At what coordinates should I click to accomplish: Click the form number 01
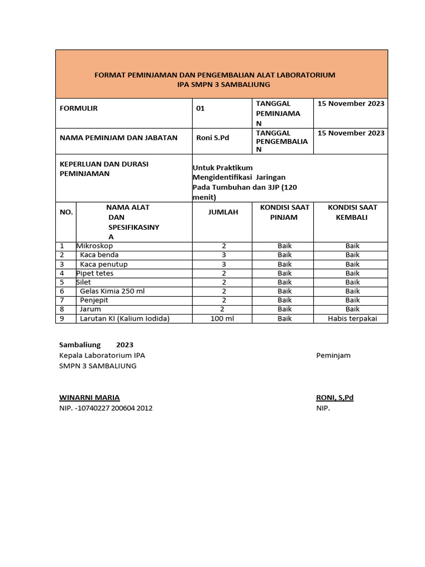click(x=200, y=109)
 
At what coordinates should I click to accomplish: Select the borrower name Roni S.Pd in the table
click(x=212, y=137)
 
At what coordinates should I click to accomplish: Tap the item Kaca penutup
click(x=103, y=264)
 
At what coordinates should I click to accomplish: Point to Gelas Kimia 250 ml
click(x=112, y=291)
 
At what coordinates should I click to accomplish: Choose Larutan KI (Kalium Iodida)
click(x=125, y=318)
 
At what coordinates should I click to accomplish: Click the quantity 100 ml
click(x=224, y=318)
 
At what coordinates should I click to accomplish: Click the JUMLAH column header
click(x=224, y=212)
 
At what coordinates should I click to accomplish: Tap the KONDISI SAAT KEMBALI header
click(x=353, y=212)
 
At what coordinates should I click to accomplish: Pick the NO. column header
click(x=66, y=212)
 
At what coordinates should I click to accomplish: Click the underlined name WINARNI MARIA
click(x=89, y=398)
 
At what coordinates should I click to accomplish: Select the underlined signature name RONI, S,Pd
click(x=334, y=398)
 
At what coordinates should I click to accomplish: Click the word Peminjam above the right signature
click(x=333, y=355)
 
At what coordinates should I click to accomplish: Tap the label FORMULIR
click(x=79, y=109)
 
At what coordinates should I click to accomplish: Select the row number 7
click(x=63, y=300)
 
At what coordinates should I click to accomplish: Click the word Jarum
click(x=91, y=309)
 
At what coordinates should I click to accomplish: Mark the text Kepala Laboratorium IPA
click(x=102, y=355)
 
